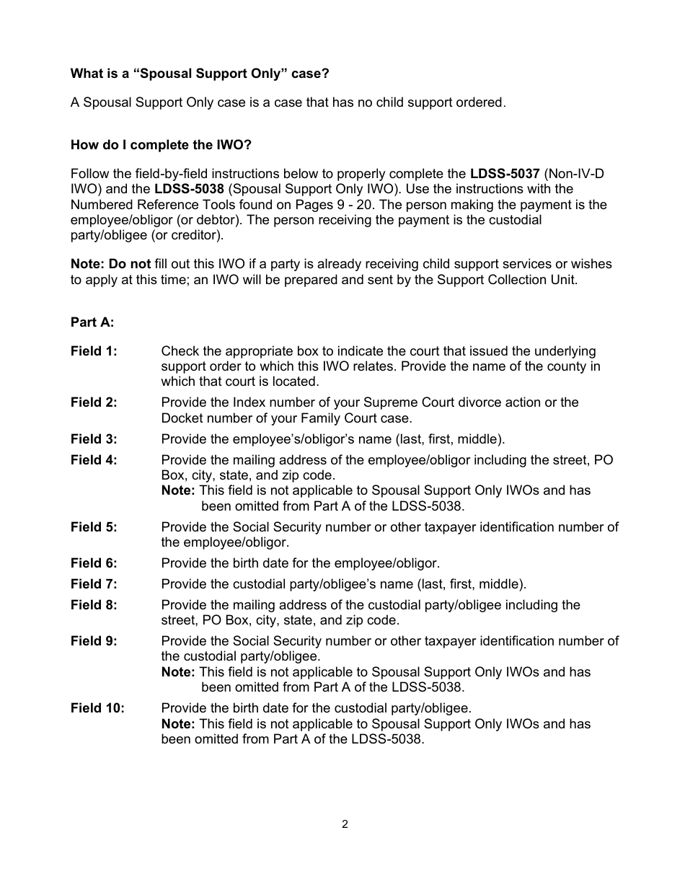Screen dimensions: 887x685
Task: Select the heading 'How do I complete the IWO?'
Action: click(x=161, y=145)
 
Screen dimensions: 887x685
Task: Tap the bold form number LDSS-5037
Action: click(x=505, y=174)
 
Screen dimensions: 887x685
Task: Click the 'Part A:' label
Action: click(x=92, y=322)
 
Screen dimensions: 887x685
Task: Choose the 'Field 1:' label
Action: click(x=94, y=351)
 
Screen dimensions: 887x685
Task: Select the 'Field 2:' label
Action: click(x=94, y=402)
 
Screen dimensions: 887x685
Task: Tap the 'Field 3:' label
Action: click(x=94, y=439)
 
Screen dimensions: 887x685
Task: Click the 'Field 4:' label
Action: click(x=94, y=460)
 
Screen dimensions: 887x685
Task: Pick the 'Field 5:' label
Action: click(x=94, y=527)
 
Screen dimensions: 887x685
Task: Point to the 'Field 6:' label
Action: click(x=94, y=563)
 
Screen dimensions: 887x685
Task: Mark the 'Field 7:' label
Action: click(x=94, y=584)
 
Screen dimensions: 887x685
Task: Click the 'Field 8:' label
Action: click(x=94, y=605)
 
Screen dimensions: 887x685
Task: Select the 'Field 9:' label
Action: click(x=94, y=641)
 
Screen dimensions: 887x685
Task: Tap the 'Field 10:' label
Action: click(x=97, y=708)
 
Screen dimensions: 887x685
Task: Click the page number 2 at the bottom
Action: click(x=345, y=824)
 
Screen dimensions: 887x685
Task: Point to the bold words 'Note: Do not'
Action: click(x=110, y=265)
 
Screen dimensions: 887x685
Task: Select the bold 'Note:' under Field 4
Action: click(x=178, y=490)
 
